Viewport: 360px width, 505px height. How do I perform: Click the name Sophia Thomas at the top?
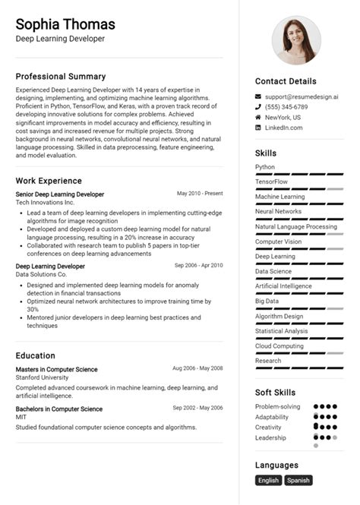65,24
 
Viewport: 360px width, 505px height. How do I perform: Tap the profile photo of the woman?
296,40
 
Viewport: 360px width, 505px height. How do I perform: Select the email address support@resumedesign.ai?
302,97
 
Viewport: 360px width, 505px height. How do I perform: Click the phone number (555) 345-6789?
286,107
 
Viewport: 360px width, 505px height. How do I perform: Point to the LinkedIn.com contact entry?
283,128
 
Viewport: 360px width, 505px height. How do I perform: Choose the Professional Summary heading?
61,77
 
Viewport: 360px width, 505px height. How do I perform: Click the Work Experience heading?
49,181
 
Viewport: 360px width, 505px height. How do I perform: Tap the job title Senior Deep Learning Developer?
60,194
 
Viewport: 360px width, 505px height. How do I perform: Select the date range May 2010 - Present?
200,194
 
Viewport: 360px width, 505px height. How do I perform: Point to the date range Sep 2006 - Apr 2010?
198,266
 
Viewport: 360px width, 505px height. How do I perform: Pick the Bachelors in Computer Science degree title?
59,409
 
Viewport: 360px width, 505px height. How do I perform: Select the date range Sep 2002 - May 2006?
197,409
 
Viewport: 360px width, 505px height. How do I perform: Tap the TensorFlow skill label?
272,182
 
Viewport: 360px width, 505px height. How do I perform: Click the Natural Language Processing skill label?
296,226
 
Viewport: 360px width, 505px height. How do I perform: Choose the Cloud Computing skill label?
279,346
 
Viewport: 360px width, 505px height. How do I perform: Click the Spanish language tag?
298,480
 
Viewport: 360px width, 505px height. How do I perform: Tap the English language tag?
269,480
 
